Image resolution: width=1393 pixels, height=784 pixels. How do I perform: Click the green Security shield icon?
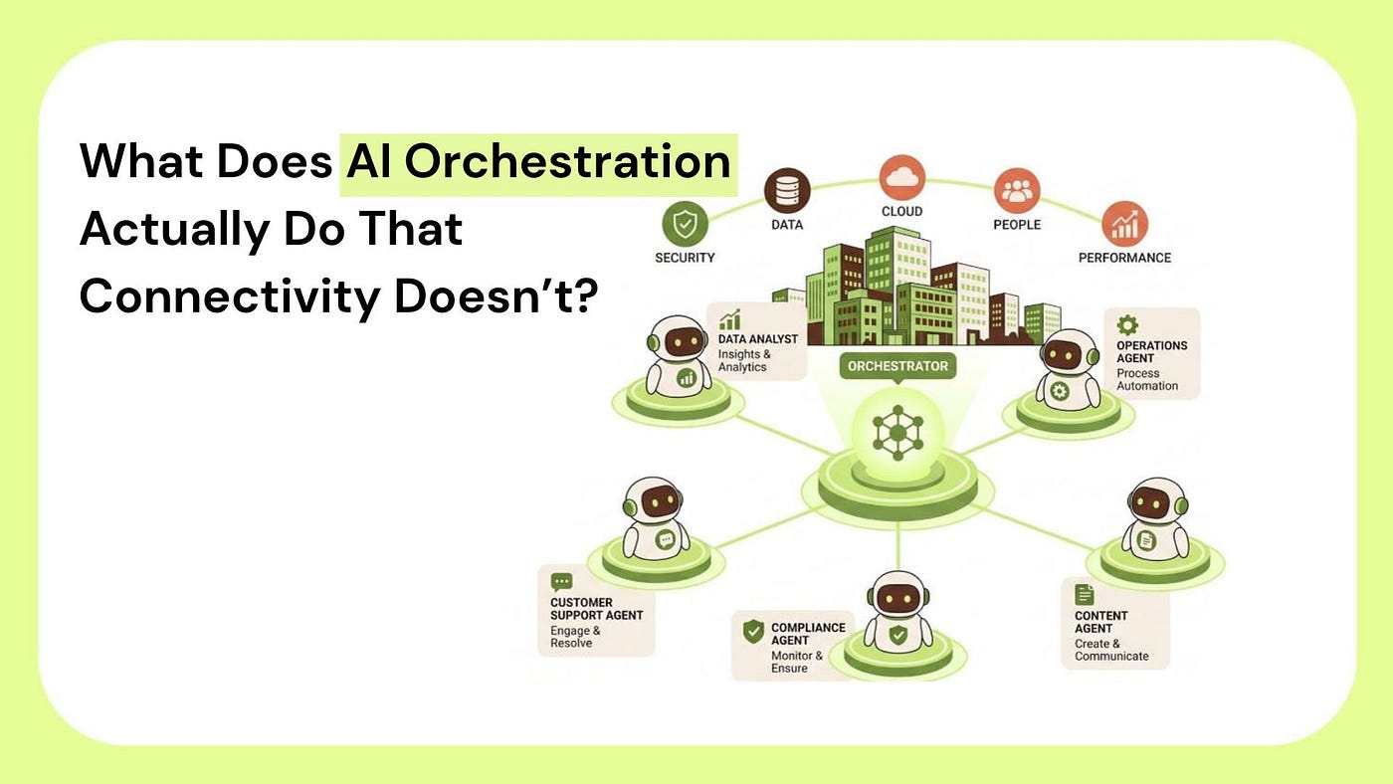click(685, 223)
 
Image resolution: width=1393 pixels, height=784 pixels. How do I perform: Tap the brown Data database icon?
click(787, 190)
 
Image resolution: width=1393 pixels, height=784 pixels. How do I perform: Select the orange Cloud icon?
click(901, 177)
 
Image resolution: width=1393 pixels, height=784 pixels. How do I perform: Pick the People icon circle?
click(1017, 190)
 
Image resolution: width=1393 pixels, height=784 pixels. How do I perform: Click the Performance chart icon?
click(1124, 224)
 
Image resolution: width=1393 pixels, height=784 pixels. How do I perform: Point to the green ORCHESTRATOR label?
click(897, 366)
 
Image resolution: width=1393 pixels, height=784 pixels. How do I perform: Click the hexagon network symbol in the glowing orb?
click(897, 433)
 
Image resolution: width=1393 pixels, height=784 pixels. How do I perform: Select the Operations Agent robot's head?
click(1067, 352)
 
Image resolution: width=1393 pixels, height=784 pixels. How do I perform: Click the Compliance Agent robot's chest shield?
click(897, 635)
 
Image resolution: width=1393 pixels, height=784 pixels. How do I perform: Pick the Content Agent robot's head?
click(1155, 501)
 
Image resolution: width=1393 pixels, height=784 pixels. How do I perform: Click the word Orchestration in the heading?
click(567, 161)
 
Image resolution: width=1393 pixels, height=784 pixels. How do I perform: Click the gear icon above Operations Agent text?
click(1126, 325)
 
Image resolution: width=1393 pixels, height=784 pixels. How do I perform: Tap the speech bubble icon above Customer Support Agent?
click(561, 582)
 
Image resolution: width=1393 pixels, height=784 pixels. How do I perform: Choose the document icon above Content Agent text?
click(1084, 594)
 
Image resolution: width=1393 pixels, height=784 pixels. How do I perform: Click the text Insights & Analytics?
click(744, 360)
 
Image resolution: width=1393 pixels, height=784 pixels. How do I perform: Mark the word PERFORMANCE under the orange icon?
click(1124, 258)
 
